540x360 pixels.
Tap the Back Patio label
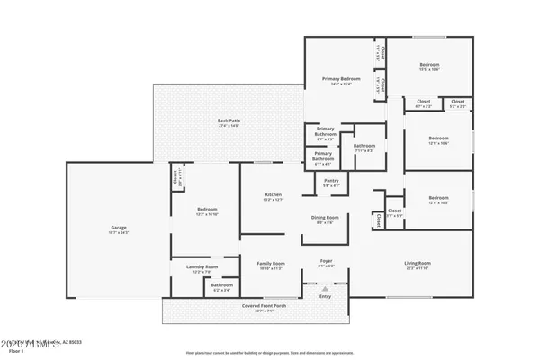coord(229,121)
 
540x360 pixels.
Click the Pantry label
coord(331,181)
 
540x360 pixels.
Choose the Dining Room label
coord(325,218)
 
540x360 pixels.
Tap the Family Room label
coord(271,265)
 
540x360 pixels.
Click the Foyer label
coord(326,262)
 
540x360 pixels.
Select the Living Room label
coord(417,264)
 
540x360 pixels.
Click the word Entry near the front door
coord(326,296)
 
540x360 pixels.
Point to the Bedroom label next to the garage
coord(207,209)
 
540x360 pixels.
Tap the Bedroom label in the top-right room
coord(429,65)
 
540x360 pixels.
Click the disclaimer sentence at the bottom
coord(270,353)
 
